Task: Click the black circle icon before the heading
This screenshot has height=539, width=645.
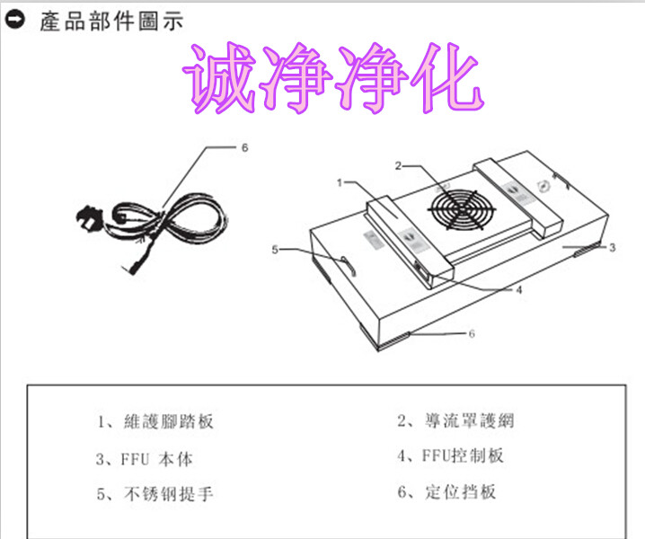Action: click(x=15, y=21)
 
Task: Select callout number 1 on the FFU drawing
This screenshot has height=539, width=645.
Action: click(x=340, y=182)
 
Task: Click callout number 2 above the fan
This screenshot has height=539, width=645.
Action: click(x=400, y=164)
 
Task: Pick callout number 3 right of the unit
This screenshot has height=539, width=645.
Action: click(x=611, y=247)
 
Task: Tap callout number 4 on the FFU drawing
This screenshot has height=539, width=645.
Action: click(x=518, y=289)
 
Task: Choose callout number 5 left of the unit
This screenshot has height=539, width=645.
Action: click(x=277, y=249)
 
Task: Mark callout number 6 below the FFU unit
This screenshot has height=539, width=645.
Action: click(x=471, y=334)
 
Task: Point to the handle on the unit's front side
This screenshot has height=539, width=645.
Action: click(x=345, y=265)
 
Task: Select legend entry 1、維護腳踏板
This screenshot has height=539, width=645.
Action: click(x=155, y=420)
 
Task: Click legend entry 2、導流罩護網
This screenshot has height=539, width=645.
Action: click(x=455, y=420)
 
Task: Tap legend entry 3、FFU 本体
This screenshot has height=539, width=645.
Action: click(x=145, y=458)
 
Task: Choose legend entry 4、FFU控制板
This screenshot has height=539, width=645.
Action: click(x=450, y=456)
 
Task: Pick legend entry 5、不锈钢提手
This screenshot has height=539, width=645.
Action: click(x=155, y=493)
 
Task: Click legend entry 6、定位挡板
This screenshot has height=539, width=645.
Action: click(x=446, y=491)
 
